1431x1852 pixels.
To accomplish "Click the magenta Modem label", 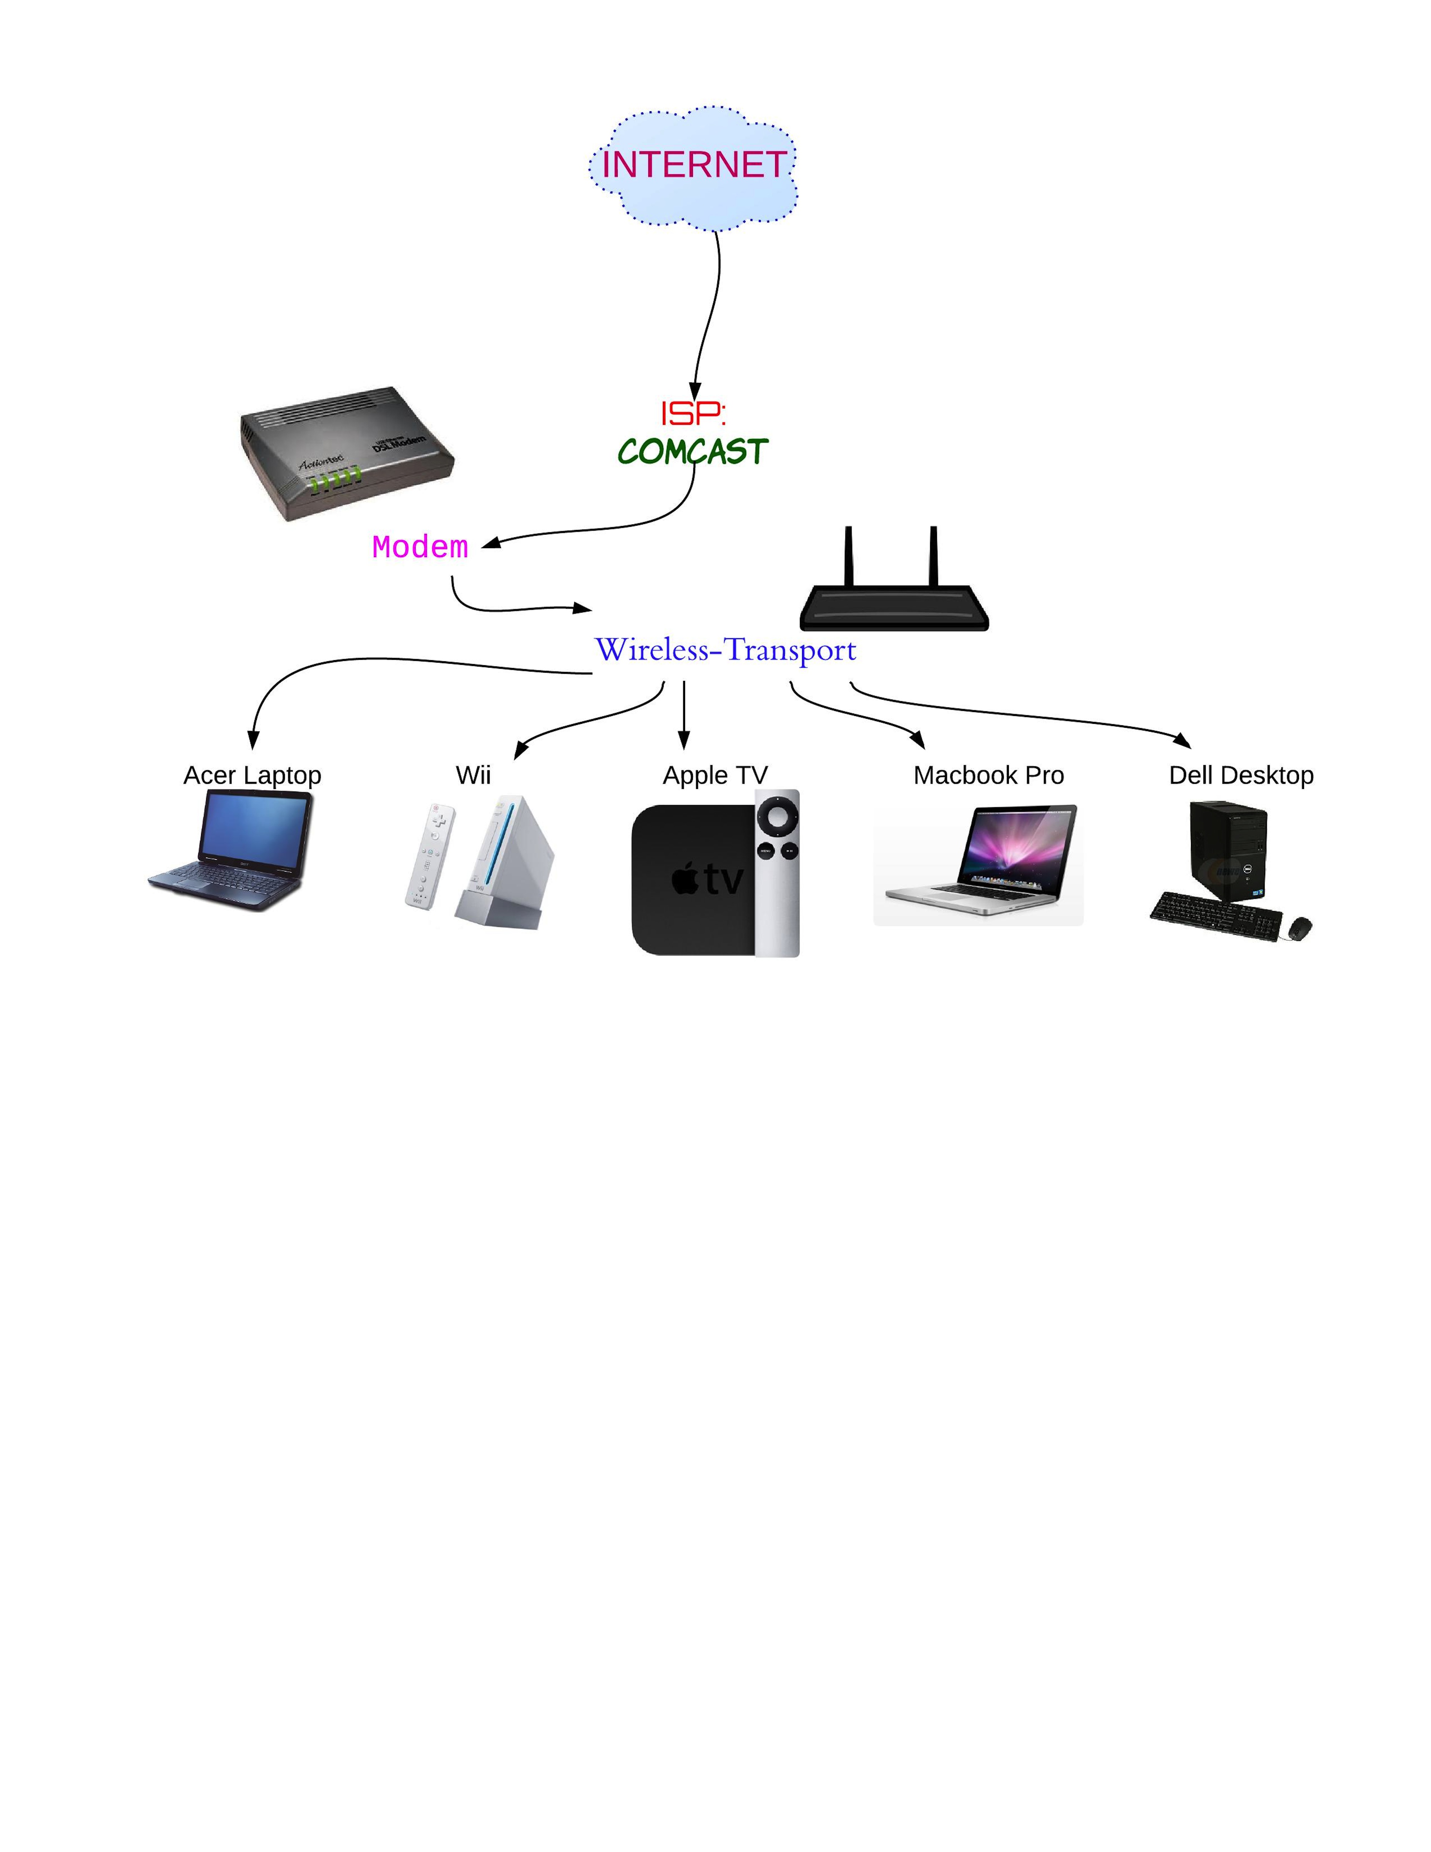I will click(420, 548).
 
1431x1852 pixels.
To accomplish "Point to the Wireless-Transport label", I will click(725, 650).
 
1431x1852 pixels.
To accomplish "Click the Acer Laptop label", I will click(252, 775).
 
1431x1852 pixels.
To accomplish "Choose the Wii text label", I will click(473, 775).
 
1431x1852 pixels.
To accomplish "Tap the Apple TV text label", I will click(715, 775).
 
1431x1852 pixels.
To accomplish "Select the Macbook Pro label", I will click(988, 775).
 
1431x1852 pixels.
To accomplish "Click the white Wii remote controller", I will click(430, 857).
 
